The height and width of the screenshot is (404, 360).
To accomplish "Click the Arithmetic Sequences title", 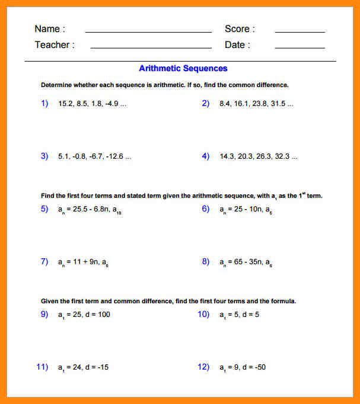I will pyautogui.click(x=183, y=69).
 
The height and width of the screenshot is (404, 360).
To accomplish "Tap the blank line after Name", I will pyautogui.click(x=148, y=31).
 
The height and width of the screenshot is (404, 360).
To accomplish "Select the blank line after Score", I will pyautogui.click(x=300, y=31).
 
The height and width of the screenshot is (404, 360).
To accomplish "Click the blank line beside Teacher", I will pyautogui.click(x=151, y=47).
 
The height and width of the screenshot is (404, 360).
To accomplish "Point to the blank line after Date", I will pyautogui.click(x=300, y=47).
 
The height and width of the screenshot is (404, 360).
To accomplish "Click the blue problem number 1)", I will pyautogui.click(x=44, y=103).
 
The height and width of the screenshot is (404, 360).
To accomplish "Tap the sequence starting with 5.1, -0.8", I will pyautogui.click(x=94, y=157).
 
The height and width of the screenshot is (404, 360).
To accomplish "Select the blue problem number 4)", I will pyautogui.click(x=206, y=156).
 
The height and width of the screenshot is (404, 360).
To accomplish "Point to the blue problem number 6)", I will pyautogui.click(x=206, y=209).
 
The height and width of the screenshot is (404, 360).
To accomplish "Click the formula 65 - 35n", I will pyautogui.click(x=243, y=262).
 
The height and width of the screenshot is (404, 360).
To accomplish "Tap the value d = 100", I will pyautogui.click(x=97, y=315).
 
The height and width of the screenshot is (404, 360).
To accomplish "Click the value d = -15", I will pyautogui.click(x=97, y=367).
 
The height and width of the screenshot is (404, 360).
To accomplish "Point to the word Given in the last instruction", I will pyautogui.click(x=50, y=301).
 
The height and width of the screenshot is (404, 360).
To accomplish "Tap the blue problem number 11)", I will pyautogui.click(x=42, y=367).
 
